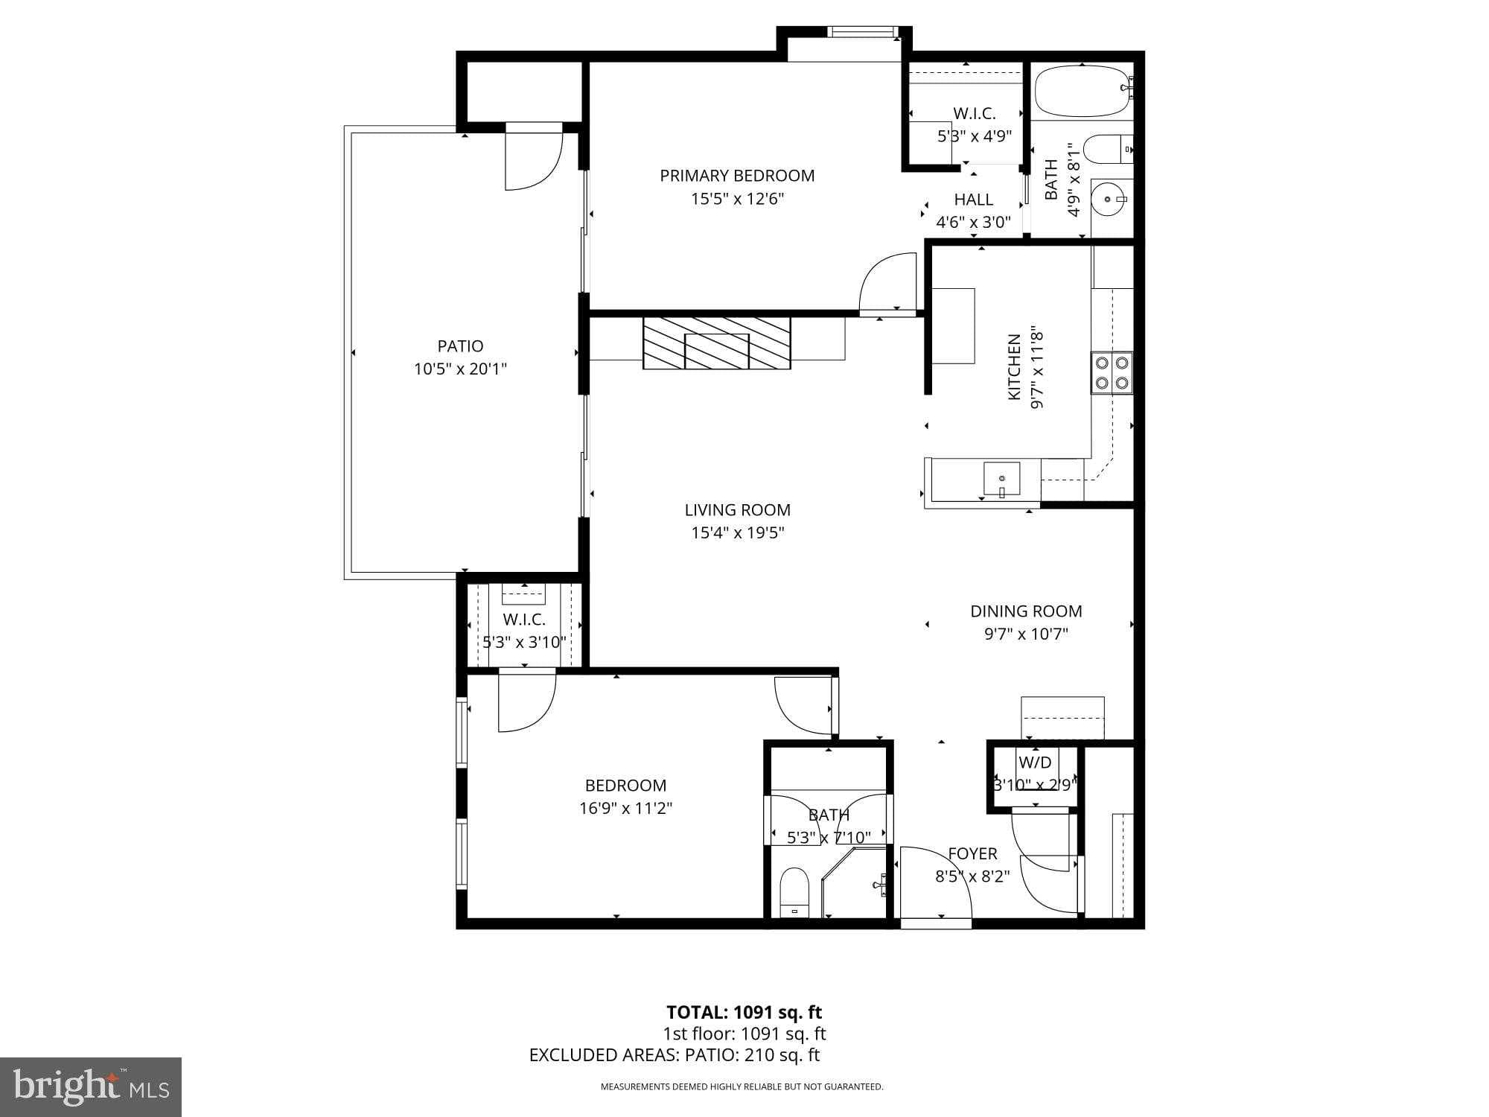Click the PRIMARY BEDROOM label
(737, 176)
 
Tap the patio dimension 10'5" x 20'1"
(460, 369)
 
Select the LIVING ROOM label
(737, 510)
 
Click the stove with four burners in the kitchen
(1112, 373)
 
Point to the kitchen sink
(1001, 478)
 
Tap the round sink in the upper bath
(1109, 199)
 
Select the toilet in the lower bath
(794, 892)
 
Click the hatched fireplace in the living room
(716, 343)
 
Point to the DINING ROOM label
(1026, 611)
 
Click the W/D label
(1035, 763)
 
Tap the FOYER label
(972, 853)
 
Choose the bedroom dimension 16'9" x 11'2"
(625, 808)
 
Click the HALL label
(974, 200)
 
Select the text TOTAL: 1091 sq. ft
(744, 1012)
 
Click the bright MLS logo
(91, 1086)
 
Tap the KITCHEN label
(1014, 366)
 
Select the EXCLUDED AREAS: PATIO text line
(674, 1055)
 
